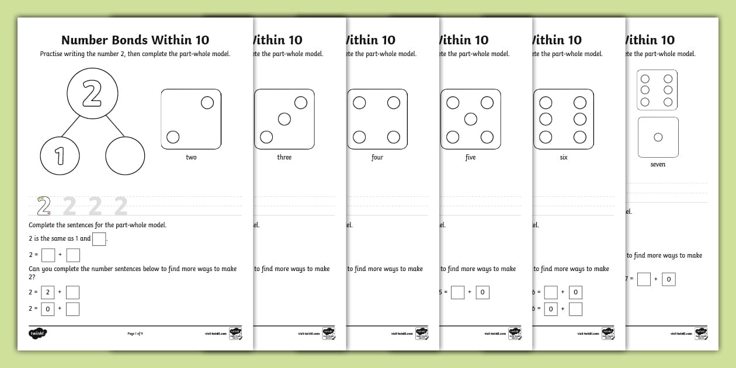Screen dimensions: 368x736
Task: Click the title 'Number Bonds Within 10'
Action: pyautogui.click(x=135, y=40)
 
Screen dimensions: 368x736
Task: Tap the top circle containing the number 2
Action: pyautogui.click(x=92, y=93)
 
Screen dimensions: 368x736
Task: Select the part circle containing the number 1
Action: pyautogui.click(x=60, y=156)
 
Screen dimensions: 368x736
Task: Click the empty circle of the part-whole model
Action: pyautogui.click(x=125, y=156)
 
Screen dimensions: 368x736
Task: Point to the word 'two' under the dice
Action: pyautogui.click(x=191, y=157)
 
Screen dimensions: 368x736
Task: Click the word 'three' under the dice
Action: pyautogui.click(x=284, y=157)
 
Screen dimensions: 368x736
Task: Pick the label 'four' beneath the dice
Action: pyautogui.click(x=377, y=157)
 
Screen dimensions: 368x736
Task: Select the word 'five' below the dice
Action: pyautogui.click(x=470, y=157)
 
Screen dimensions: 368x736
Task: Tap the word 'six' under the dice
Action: pyautogui.click(x=564, y=157)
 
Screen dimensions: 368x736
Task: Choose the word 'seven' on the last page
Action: pyautogui.click(x=658, y=164)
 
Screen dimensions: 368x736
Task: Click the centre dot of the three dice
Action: pyautogui.click(x=284, y=119)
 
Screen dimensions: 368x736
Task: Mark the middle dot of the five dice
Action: pyautogui.click(x=470, y=119)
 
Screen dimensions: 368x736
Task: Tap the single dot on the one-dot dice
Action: pyautogui.click(x=658, y=137)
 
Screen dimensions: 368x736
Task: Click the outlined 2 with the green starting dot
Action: pyautogui.click(x=43, y=206)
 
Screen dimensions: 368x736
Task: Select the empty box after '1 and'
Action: pyautogui.click(x=99, y=239)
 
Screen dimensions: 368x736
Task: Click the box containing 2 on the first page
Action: pyautogui.click(x=48, y=292)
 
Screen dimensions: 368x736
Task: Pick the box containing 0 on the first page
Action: pyautogui.click(x=48, y=309)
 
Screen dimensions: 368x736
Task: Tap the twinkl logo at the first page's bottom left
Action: pyautogui.click(x=37, y=334)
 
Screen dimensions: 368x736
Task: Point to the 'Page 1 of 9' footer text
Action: pyautogui.click(x=135, y=334)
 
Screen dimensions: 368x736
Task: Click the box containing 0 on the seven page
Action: pyautogui.click(x=669, y=279)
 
